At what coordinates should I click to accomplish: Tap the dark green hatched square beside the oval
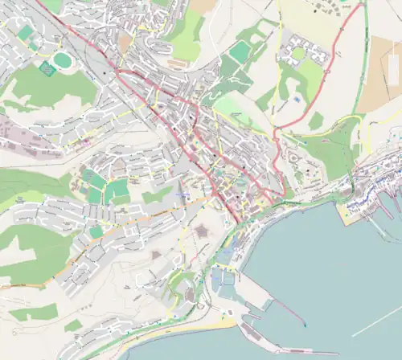47,71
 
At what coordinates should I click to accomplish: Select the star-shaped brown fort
200,231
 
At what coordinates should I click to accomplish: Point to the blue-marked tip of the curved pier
305,324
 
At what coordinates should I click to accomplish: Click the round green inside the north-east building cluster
298,54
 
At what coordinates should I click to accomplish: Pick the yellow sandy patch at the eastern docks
351,214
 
